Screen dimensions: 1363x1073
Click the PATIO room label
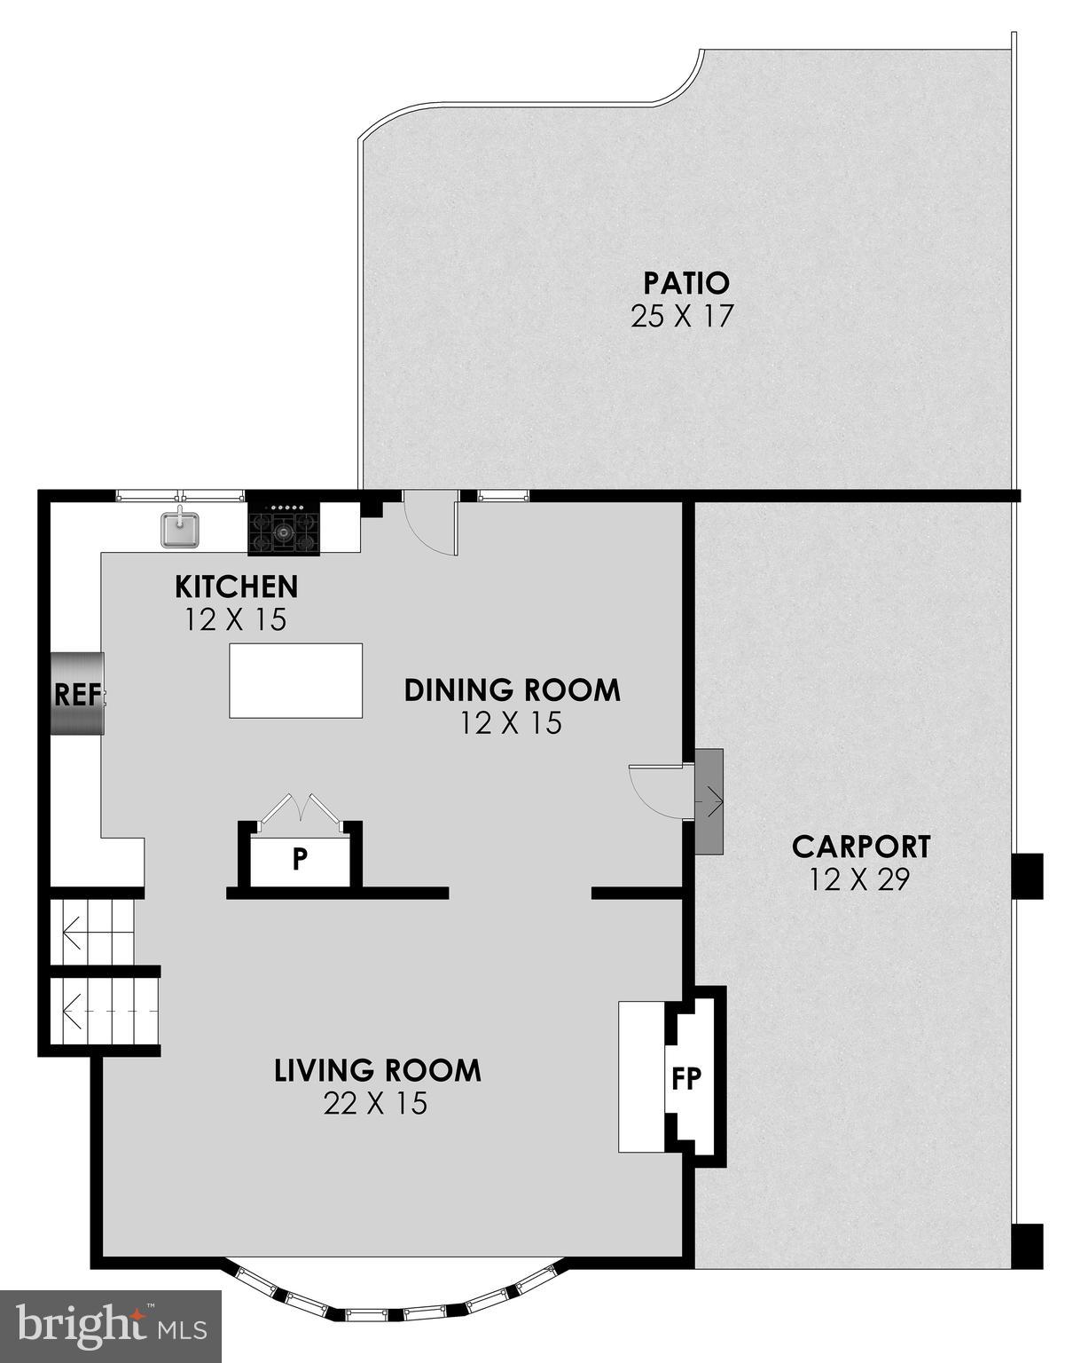tap(685, 283)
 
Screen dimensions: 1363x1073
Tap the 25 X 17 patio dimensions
tap(682, 317)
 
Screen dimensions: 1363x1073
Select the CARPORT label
tap(860, 847)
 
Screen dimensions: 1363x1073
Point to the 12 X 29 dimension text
tap(859, 879)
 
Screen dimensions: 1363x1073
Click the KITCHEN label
tap(236, 587)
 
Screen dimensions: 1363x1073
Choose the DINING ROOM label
tap(512, 689)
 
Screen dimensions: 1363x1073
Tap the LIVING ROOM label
tap(377, 1070)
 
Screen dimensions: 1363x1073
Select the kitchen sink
tap(180, 530)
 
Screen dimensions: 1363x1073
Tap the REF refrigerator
tap(76, 694)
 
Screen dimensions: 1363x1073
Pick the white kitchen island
tap(295, 681)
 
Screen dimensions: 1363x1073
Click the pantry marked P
tap(301, 858)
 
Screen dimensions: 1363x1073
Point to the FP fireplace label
tap(686, 1078)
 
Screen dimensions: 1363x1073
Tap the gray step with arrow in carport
tap(709, 801)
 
